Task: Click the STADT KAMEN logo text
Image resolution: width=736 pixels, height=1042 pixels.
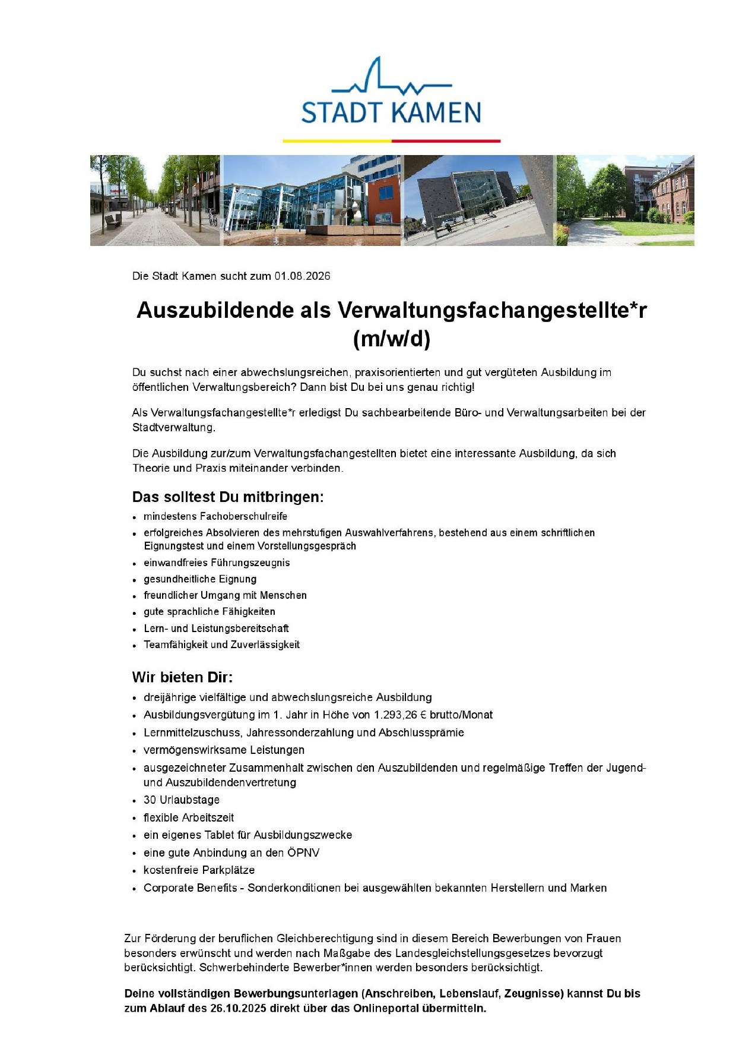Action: (x=391, y=112)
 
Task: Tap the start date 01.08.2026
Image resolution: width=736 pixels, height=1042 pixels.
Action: (x=302, y=276)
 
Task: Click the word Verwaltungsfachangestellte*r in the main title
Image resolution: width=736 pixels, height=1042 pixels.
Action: (x=492, y=310)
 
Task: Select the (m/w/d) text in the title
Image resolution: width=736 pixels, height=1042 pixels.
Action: (x=391, y=339)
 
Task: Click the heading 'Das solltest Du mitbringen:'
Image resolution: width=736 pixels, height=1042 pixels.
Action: (x=228, y=497)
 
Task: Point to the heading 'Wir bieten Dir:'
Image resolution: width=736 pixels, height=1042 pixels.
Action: (x=182, y=677)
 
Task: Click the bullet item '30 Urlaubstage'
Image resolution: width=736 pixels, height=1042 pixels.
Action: (x=182, y=800)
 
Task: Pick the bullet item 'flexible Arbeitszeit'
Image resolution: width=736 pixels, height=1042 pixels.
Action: (x=189, y=818)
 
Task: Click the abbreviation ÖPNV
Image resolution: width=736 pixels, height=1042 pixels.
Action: (x=303, y=853)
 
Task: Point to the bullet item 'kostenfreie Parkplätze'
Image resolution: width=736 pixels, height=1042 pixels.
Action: (x=199, y=870)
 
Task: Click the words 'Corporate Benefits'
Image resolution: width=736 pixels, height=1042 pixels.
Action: (x=190, y=888)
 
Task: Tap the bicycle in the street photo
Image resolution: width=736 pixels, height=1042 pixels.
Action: (x=212, y=217)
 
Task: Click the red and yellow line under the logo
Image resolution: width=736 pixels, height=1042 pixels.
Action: (x=391, y=141)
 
